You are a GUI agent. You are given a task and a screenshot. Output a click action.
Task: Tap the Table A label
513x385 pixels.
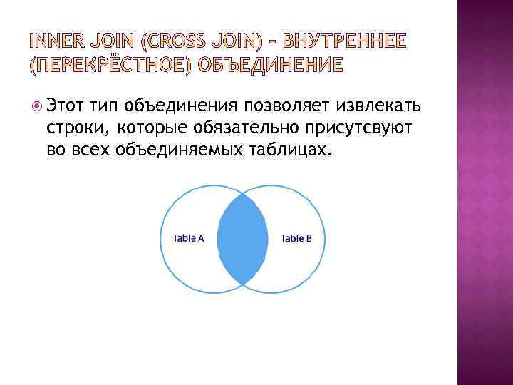point(189,238)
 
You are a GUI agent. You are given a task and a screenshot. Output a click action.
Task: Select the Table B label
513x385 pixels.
point(296,238)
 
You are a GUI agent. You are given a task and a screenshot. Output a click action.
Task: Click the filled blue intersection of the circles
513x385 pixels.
point(242,238)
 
